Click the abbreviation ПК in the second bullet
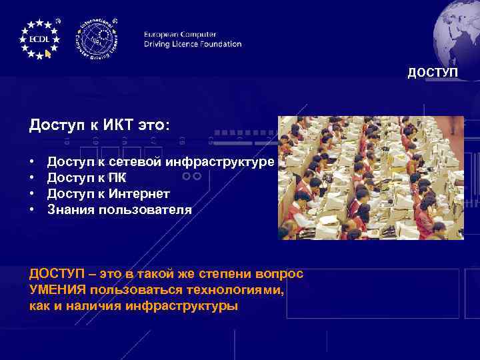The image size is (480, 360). click(x=117, y=178)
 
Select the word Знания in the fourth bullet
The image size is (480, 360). click(x=71, y=210)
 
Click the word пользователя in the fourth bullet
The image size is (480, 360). click(x=145, y=210)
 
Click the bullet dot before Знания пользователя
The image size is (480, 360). click(x=32, y=210)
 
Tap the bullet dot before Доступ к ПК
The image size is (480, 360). click(x=32, y=178)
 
